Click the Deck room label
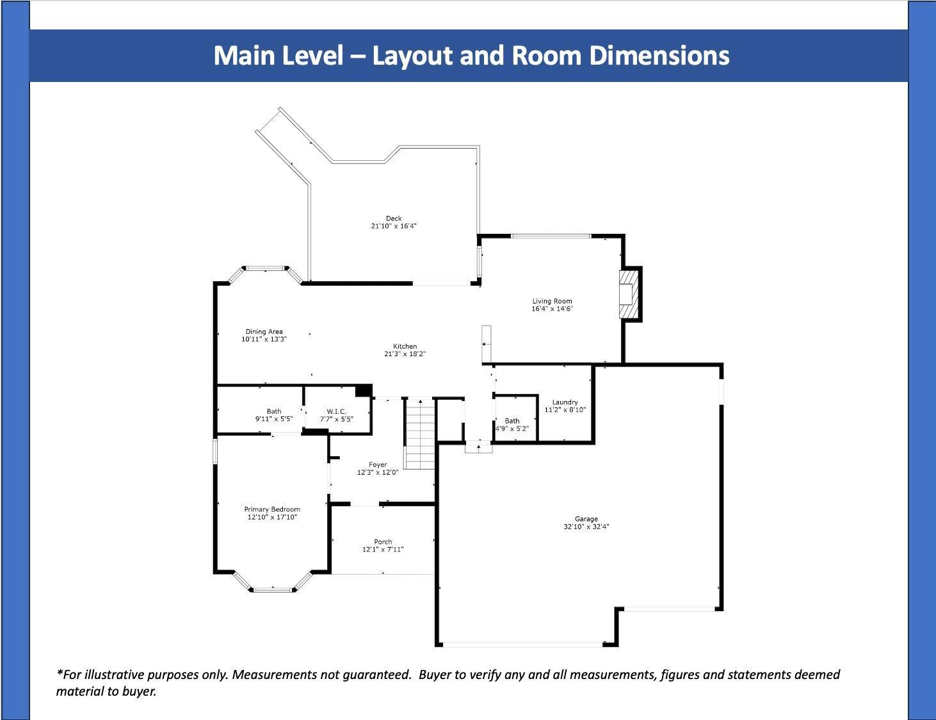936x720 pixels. tap(394, 218)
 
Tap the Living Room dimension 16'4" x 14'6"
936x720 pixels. tap(553, 309)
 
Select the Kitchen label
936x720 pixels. tap(405, 346)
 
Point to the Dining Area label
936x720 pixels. tap(264, 331)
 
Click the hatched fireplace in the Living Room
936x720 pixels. tap(629, 294)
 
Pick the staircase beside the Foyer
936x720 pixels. tap(419, 434)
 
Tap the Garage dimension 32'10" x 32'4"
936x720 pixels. tap(586, 527)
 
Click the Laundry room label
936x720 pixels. tap(565, 402)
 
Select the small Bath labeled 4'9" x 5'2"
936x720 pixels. tap(512, 421)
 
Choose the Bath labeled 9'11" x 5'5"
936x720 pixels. tap(274, 411)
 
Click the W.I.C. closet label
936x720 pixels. tap(336, 411)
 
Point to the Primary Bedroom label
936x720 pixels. tap(272, 509)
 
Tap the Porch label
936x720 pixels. tap(383, 542)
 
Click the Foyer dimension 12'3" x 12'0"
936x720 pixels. tap(378, 472)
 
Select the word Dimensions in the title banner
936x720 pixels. tap(659, 56)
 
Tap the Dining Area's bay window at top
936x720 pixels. tap(265, 270)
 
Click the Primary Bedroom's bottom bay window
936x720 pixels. tap(273, 589)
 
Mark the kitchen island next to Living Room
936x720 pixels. tap(487, 344)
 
